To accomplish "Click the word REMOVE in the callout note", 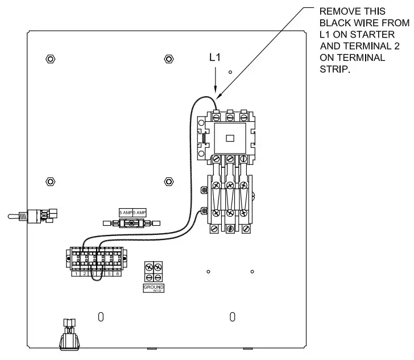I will (x=336, y=11).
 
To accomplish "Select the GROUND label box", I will (x=154, y=288).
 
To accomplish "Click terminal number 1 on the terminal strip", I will (x=76, y=274).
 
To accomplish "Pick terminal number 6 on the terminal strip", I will (x=118, y=274).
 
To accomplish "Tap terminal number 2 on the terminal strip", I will (x=85, y=274).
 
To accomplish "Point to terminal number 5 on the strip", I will (x=109, y=274).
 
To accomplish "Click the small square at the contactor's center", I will (x=230, y=138).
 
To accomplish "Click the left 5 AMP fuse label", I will (x=125, y=212).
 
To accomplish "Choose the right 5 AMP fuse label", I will (x=139, y=212).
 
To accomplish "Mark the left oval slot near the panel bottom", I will (x=101, y=316).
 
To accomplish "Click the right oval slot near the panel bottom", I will (x=232, y=316).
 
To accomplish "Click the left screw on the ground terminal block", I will (x=149, y=267).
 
